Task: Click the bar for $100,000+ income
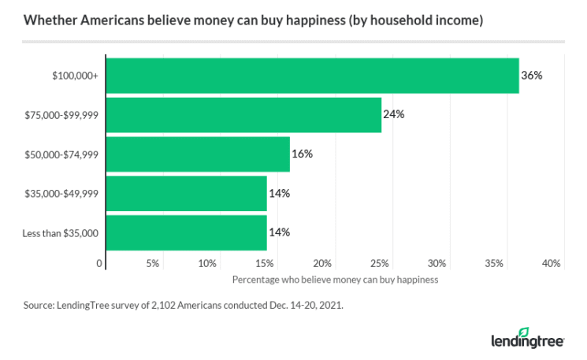tap(312, 76)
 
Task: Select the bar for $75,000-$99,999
tap(243, 115)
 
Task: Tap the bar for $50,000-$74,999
tap(198, 154)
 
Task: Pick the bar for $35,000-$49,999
tap(186, 193)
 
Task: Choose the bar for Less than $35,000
tap(186, 232)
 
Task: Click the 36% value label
tap(532, 76)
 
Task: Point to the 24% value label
tap(393, 115)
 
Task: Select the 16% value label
tap(302, 154)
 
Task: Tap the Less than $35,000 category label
tap(61, 232)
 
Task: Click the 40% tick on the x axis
tap(551, 263)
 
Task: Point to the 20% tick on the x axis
tap(322, 263)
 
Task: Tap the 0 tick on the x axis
tap(100, 263)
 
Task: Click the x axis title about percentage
tap(335, 280)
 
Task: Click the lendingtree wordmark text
tap(525, 341)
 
